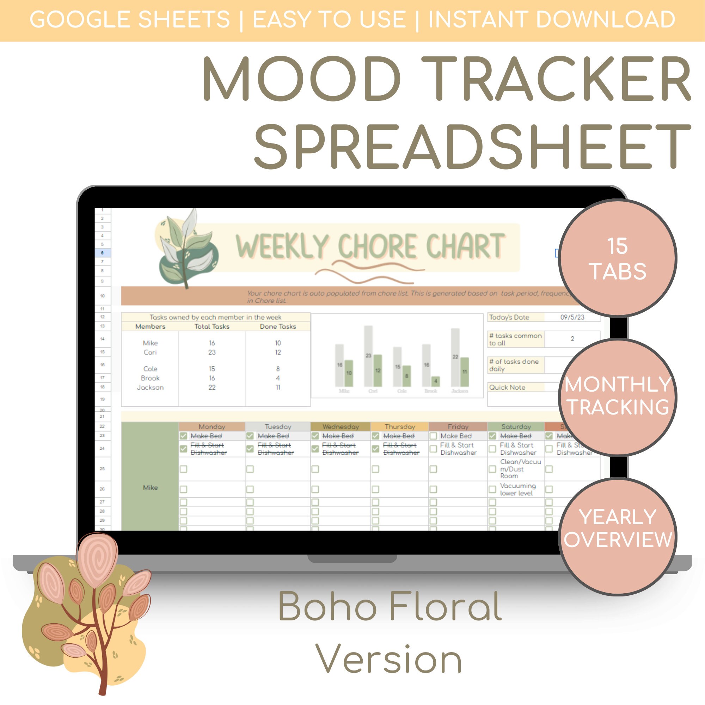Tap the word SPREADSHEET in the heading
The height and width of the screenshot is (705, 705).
point(472,147)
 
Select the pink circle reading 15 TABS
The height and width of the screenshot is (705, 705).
point(618,258)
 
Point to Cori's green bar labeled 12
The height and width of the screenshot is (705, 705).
point(378,370)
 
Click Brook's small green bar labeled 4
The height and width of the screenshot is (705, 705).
point(435,381)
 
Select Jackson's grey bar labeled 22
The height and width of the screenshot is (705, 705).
point(455,357)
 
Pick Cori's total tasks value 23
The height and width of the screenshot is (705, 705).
point(211,352)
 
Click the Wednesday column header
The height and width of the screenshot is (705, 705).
point(341,427)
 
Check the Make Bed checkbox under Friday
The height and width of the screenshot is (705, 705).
point(433,436)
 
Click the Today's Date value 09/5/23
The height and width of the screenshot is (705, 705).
point(572,318)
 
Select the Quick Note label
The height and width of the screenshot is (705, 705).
point(507,387)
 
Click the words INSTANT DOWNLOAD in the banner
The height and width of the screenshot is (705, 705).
point(551,19)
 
